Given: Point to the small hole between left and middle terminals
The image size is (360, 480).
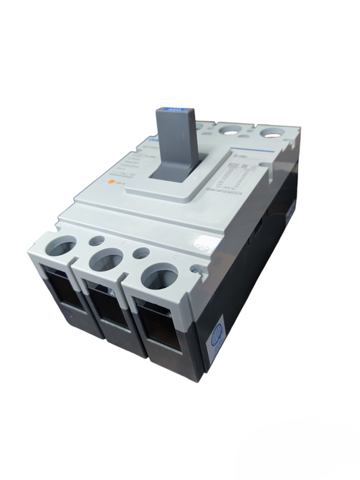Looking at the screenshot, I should pyautogui.click(x=97, y=240).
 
